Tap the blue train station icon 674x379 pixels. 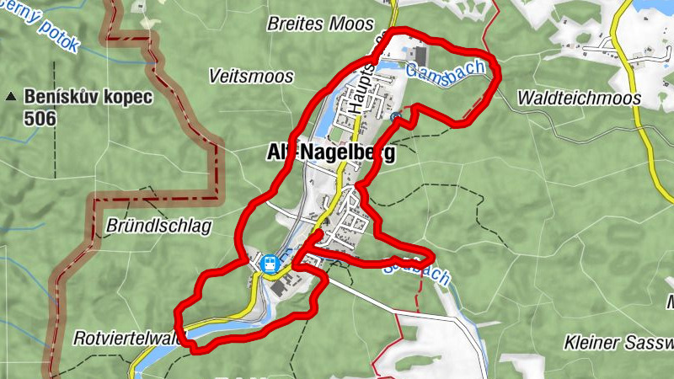[x=270, y=264]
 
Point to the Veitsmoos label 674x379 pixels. [x=251, y=77]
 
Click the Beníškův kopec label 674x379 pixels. [x=88, y=97]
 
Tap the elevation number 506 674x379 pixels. [x=40, y=119]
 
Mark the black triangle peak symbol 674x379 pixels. [x=11, y=97]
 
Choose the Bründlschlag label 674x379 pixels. [x=158, y=226]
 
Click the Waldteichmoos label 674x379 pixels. [x=579, y=98]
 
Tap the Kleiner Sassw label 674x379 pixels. [x=619, y=344]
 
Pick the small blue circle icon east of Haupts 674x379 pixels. [x=394, y=116]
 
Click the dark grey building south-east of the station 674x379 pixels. [x=279, y=288]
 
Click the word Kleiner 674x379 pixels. [x=592, y=344]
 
